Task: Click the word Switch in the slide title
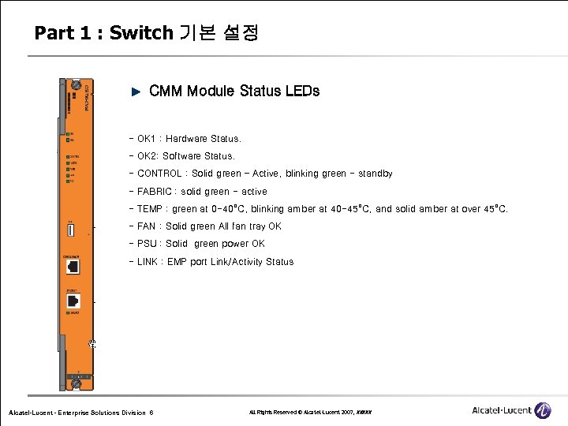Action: coord(140,33)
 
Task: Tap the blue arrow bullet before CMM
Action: coord(134,92)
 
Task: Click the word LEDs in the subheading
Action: coord(303,91)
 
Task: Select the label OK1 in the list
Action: coord(146,139)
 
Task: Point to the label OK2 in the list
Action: coord(147,156)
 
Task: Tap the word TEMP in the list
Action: coord(149,209)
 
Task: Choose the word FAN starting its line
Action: coord(146,226)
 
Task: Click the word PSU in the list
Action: coord(147,244)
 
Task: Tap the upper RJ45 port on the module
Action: coord(73,267)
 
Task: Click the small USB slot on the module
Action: coord(70,230)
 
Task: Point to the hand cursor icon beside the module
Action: coord(92,343)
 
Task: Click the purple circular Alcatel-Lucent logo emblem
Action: coord(542,410)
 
